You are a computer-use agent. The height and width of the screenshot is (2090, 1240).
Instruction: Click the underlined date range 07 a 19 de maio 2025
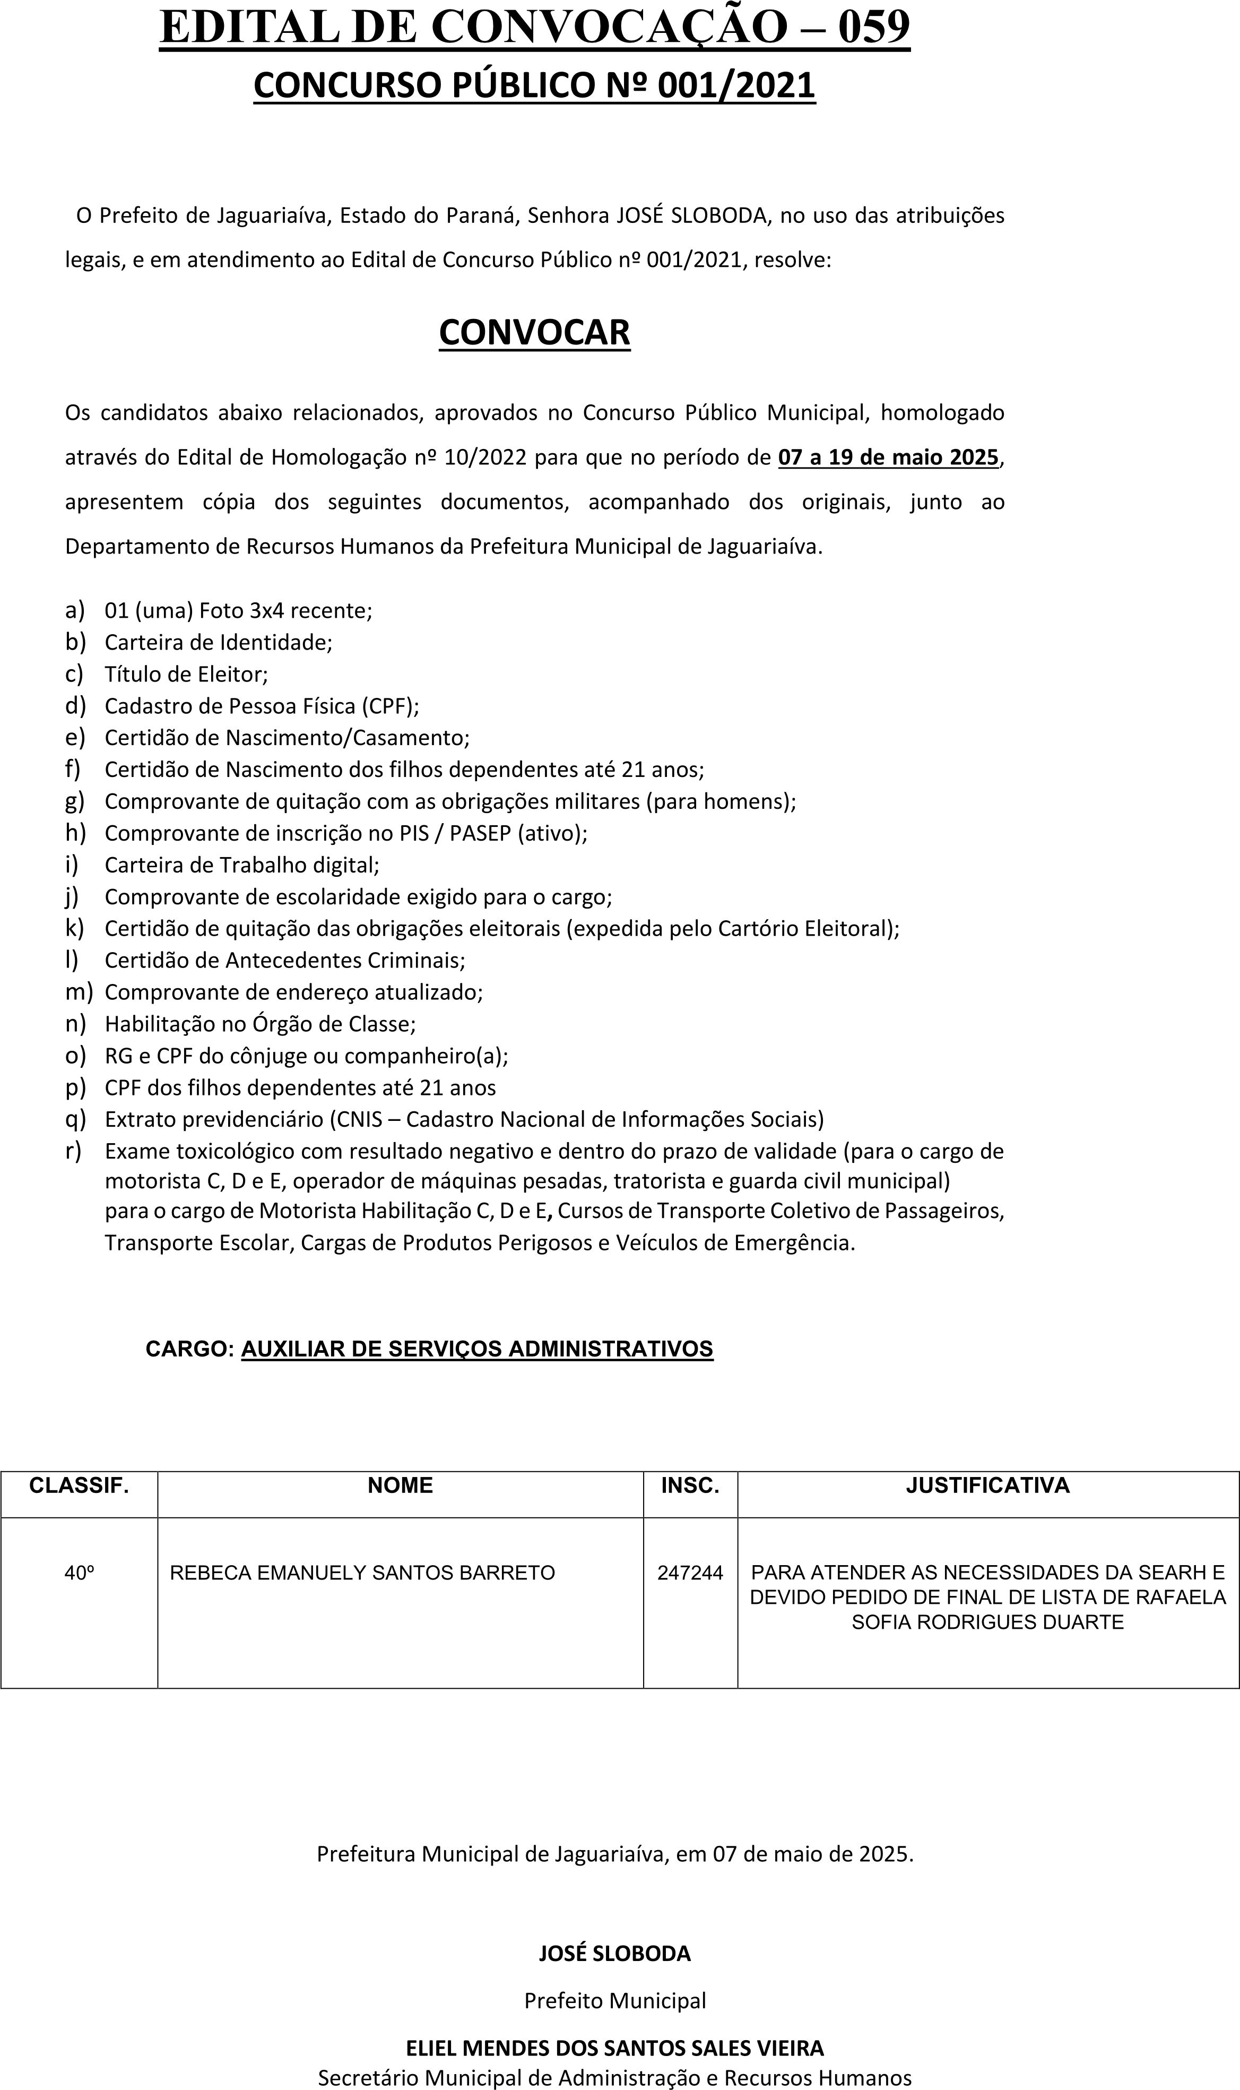coord(888,457)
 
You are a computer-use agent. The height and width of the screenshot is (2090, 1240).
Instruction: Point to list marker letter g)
coord(74,801)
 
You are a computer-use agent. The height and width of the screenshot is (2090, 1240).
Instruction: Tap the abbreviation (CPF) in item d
coord(390,706)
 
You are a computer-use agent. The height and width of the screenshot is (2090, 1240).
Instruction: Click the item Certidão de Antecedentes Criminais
coord(284,960)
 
